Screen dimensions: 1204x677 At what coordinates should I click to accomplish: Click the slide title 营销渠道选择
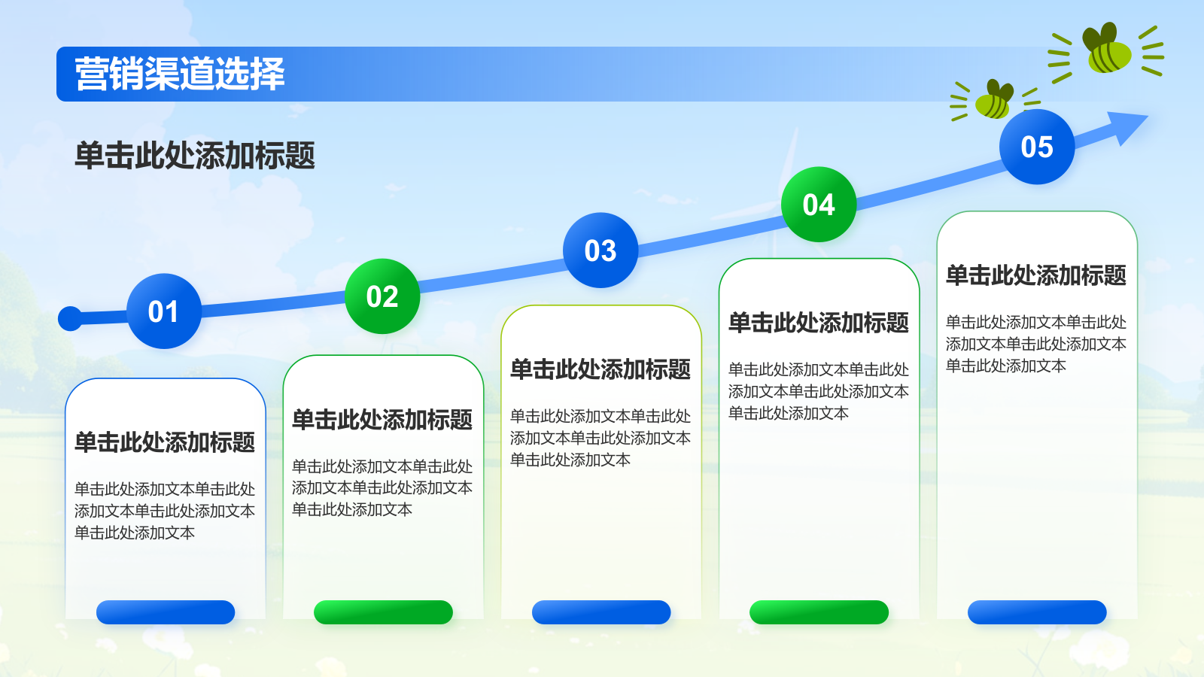tap(180, 74)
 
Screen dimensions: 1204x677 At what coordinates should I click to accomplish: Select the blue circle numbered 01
tap(164, 311)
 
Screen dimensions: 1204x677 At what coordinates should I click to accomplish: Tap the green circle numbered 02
tap(382, 296)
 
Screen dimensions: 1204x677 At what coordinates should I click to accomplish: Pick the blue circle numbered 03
tap(600, 250)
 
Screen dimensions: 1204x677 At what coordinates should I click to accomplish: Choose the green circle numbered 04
tap(819, 204)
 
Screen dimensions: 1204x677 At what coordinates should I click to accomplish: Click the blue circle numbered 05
tap(1037, 147)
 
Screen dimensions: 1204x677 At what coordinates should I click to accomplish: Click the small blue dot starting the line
tap(70, 319)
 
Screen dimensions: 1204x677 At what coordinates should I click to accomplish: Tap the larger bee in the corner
tap(1106, 50)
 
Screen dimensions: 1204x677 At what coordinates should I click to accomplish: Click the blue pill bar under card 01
tap(166, 612)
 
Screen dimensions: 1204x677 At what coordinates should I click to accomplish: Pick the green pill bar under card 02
tap(383, 612)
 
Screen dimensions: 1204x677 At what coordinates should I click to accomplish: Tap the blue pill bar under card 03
tap(601, 612)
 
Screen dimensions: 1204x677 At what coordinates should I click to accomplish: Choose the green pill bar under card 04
tap(819, 612)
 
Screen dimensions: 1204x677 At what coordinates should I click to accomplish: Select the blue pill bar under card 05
tap(1038, 612)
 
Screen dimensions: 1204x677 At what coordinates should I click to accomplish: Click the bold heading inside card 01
tap(165, 442)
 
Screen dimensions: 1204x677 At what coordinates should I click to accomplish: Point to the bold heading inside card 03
tap(600, 369)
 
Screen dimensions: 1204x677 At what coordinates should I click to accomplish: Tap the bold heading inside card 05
tap(1035, 275)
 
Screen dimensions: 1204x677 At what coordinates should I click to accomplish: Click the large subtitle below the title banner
tap(195, 156)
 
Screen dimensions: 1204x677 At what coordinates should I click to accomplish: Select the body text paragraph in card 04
tap(818, 391)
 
